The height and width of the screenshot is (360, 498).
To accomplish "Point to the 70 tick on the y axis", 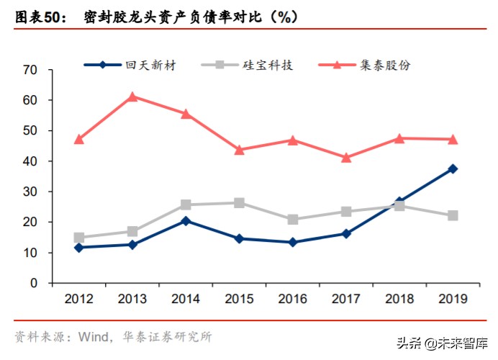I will [x=30, y=71].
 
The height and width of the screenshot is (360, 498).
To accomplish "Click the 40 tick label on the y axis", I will [x=30, y=162].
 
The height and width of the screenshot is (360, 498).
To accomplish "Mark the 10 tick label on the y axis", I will [x=30, y=253].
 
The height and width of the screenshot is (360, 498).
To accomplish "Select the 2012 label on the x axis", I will [x=79, y=298].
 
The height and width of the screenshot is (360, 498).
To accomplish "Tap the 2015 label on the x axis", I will [x=239, y=298].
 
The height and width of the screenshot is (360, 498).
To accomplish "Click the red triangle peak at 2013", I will [x=132, y=96].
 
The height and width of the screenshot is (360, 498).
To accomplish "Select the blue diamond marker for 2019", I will [x=453, y=169].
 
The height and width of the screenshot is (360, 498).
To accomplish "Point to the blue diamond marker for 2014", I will [x=186, y=221].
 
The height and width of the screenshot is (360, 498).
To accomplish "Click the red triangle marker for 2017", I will [x=346, y=158].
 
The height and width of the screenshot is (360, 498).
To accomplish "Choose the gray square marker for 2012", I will [x=79, y=238].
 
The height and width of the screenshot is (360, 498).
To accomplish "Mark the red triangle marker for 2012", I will [x=79, y=140].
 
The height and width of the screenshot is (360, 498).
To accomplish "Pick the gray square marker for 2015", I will [x=239, y=203].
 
